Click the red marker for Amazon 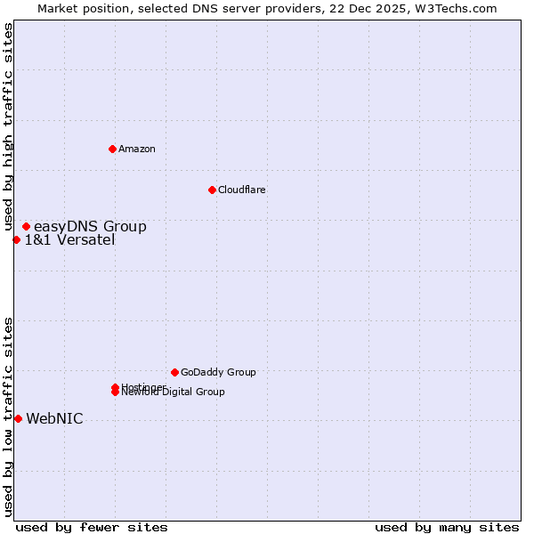point(112,149)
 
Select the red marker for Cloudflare point(212,190)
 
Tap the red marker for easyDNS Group point(26,227)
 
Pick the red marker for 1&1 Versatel point(16,239)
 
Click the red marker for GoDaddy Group point(174,372)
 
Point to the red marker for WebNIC point(18,418)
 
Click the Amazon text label point(136,149)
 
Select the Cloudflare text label point(241,190)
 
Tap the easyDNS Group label point(90,227)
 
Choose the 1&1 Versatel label point(69,239)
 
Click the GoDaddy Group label point(218,372)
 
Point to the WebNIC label point(54,419)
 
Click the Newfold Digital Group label point(174,392)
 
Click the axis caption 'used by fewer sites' point(92,527)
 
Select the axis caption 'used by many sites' point(447,527)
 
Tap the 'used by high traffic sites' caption point(8,127)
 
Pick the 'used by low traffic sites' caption point(8,417)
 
